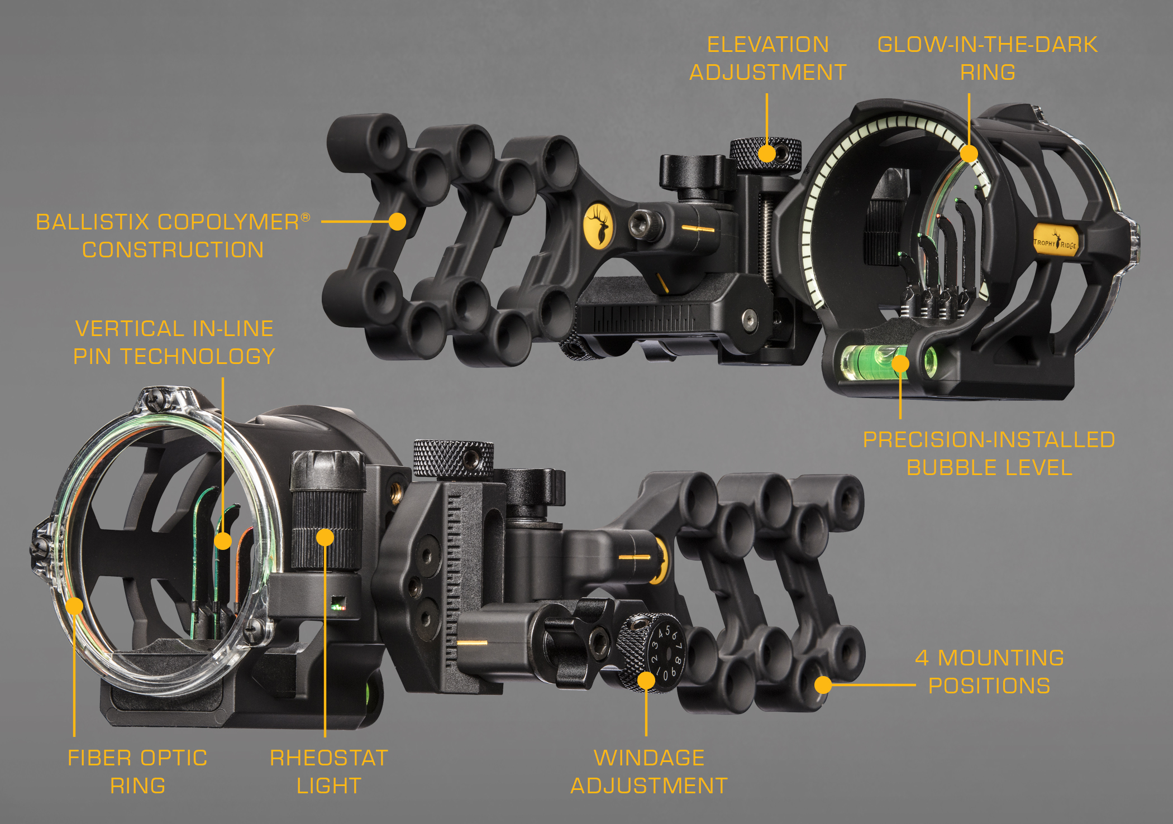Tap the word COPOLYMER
pyautogui.click(x=229, y=222)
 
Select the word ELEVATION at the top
pyautogui.click(x=768, y=45)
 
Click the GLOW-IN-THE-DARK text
pyautogui.click(x=988, y=45)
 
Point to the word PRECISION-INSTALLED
pyautogui.click(x=989, y=440)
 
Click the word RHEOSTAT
pyautogui.click(x=329, y=758)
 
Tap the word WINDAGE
pyautogui.click(x=649, y=758)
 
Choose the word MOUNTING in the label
pyautogui.click(x=1001, y=658)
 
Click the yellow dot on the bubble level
pyautogui.click(x=900, y=364)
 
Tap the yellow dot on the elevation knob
pyautogui.click(x=767, y=154)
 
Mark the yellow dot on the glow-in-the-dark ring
pyautogui.click(x=969, y=154)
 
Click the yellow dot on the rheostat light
pyautogui.click(x=325, y=538)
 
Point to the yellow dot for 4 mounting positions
pyautogui.click(x=823, y=685)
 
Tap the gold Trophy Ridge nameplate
pyautogui.click(x=1055, y=242)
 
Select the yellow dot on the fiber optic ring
pyautogui.click(x=74, y=606)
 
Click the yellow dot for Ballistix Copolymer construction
pyautogui.click(x=397, y=222)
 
